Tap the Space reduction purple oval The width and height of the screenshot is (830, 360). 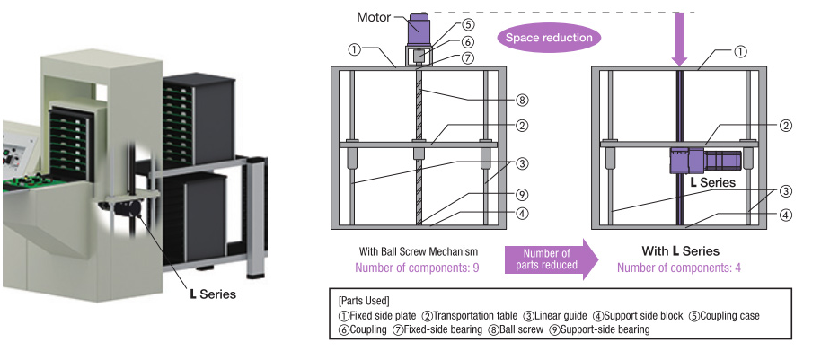point(549,37)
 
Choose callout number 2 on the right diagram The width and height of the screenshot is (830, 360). point(786,126)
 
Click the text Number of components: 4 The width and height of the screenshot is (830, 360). point(682,268)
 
